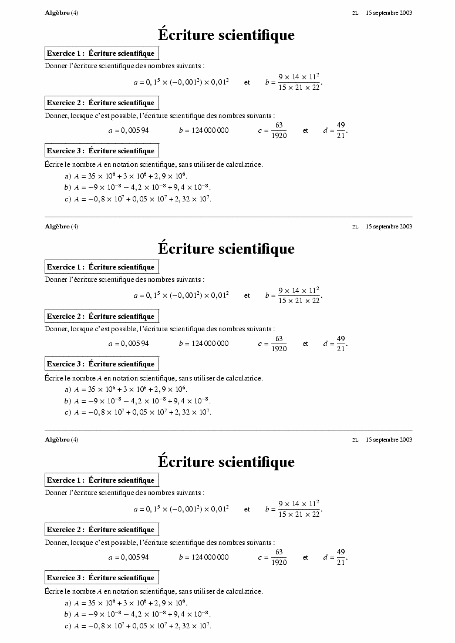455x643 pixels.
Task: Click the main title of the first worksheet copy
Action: point(226,35)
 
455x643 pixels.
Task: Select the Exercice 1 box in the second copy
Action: point(102,267)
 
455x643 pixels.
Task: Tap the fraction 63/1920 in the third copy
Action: point(279,557)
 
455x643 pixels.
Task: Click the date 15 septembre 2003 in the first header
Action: point(389,13)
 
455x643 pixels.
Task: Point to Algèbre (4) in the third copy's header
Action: point(61,440)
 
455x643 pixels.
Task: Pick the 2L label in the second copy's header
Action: point(355,227)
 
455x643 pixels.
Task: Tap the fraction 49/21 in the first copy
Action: point(341,130)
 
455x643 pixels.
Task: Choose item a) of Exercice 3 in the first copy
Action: point(126,176)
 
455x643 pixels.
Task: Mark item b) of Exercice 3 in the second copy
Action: point(137,400)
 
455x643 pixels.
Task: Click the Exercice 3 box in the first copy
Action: point(102,151)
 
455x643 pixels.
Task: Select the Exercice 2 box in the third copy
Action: point(102,530)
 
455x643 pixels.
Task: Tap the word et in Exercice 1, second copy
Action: point(247,296)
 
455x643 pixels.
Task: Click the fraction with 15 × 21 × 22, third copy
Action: point(299,509)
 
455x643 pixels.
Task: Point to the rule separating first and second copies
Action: point(228,217)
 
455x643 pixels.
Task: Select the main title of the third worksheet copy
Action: point(226,462)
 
